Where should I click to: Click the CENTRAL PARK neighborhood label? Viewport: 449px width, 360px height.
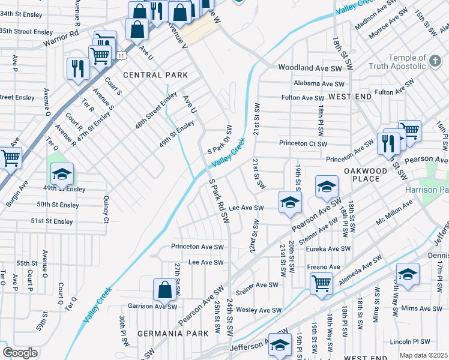click(x=155, y=75)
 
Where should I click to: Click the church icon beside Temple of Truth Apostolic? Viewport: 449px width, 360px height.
click(x=435, y=61)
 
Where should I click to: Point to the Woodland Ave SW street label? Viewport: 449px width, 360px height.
click(x=309, y=69)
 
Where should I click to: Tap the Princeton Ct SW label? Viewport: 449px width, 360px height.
click(x=303, y=144)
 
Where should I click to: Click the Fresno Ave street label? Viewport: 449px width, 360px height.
click(x=323, y=267)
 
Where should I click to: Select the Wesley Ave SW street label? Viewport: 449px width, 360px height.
click(x=259, y=310)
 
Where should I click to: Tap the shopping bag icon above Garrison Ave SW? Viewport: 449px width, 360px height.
click(x=164, y=290)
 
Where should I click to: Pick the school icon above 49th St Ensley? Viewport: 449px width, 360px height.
click(x=62, y=175)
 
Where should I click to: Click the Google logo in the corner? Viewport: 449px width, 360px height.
click(x=20, y=353)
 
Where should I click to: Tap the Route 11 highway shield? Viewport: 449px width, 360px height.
click(x=122, y=55)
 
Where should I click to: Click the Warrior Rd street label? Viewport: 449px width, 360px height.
click(x=61, y=44)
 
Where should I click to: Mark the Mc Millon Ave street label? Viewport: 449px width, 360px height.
click(x=394, y=213)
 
